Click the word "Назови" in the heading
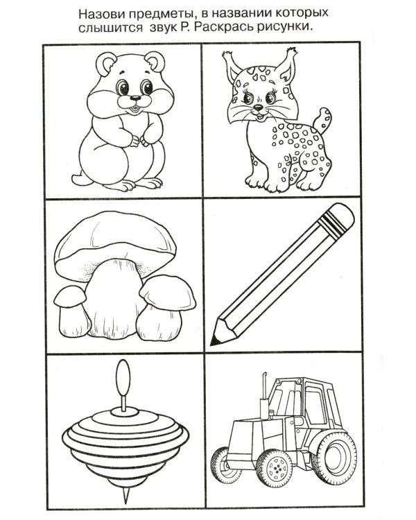tap(100, 14)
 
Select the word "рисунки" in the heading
tap(284, 28)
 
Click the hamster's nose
tap(135, 98)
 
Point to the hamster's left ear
tap(106, 63)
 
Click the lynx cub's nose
tap(258, 107)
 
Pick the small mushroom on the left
tap(72, 311)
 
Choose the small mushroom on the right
tap(165, 309)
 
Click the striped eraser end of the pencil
tap(338, 218)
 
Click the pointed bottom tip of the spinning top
tap(125, 496)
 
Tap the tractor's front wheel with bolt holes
tap(275, 467)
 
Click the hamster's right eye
tap(122, 87)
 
